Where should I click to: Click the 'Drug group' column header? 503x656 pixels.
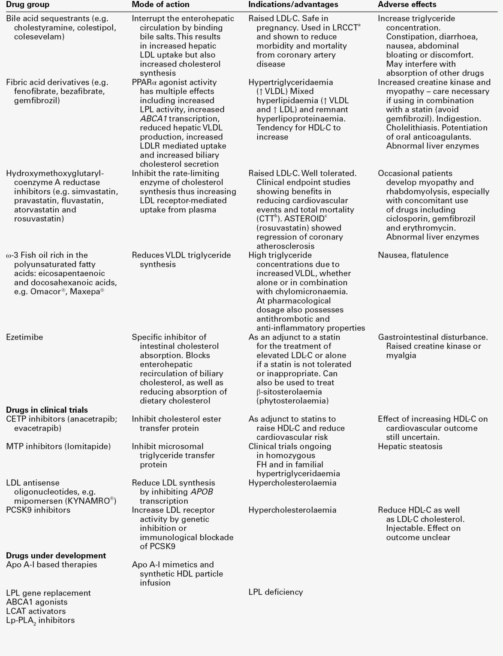[x=27, y=5]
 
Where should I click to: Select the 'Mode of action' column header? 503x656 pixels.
[x=160, y=5]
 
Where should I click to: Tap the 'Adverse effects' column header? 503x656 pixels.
[x=407, y=5]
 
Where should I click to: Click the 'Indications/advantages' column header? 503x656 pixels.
[x=293, y=5]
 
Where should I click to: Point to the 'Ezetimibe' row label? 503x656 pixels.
[x=24, y=337]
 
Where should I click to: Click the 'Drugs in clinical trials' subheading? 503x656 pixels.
[x=47, y=410]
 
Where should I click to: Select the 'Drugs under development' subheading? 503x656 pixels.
[x=56, y=556]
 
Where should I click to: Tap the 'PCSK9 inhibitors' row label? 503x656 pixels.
[x=38, y=510]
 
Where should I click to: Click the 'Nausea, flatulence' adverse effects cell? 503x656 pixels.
[x=413, y=255]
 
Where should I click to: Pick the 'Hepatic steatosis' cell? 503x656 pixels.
[x=410, y=446]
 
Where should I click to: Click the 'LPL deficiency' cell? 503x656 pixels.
[x=275, y=592]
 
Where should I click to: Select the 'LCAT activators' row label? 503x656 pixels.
[x=36, y=611]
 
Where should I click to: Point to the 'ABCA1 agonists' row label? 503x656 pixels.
[x=36, y=602]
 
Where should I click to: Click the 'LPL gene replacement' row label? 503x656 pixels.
[x=48, y=593]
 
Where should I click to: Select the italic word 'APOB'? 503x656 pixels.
[x=202, y=492]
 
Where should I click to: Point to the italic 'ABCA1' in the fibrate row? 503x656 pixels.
[x=153, y=118]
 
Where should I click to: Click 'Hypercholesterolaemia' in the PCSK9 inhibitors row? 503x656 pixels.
[x=292, y=510]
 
